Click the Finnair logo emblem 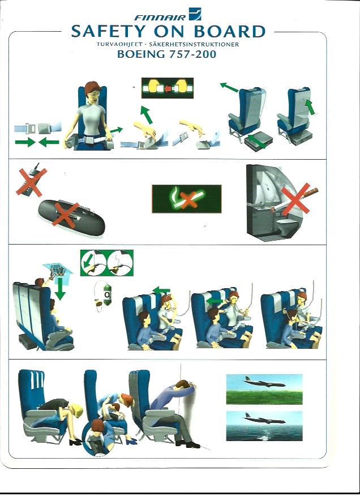tap(195, 14)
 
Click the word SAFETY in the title tap(107, 32)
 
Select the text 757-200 tap(192, 54)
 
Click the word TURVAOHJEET tap(119, 44)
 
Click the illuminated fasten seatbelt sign tap(168, 88)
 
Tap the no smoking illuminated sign tap(187, 199)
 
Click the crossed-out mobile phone tap(32, 182)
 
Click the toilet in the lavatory tap(287, 226)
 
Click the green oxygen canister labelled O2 tap(108, 295)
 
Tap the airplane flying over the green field tap(264, 382)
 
